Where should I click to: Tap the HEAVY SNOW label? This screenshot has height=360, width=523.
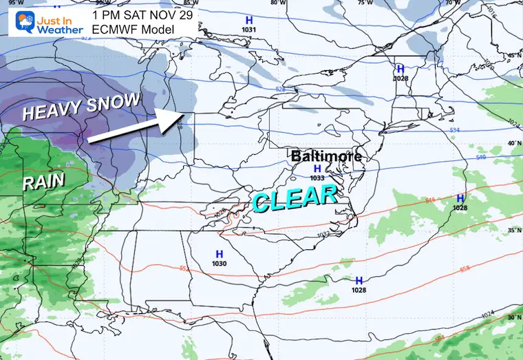(81, 107)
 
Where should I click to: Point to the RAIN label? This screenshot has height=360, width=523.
(43, 181)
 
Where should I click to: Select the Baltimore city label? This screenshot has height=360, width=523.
(326, 156)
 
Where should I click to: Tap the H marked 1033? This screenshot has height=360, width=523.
(317, 169)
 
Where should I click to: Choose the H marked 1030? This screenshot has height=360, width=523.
(220, 255)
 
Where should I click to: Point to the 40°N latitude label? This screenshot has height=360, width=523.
(513, 142)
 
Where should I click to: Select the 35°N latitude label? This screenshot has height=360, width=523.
(513, 231)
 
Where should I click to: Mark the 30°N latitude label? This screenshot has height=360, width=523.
(513, 317)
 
